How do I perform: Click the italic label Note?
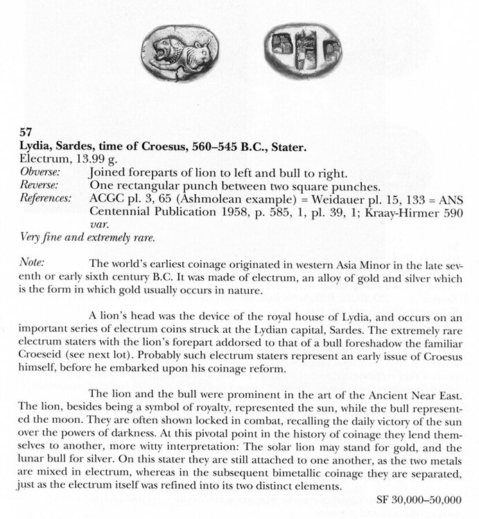[32, 263]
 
